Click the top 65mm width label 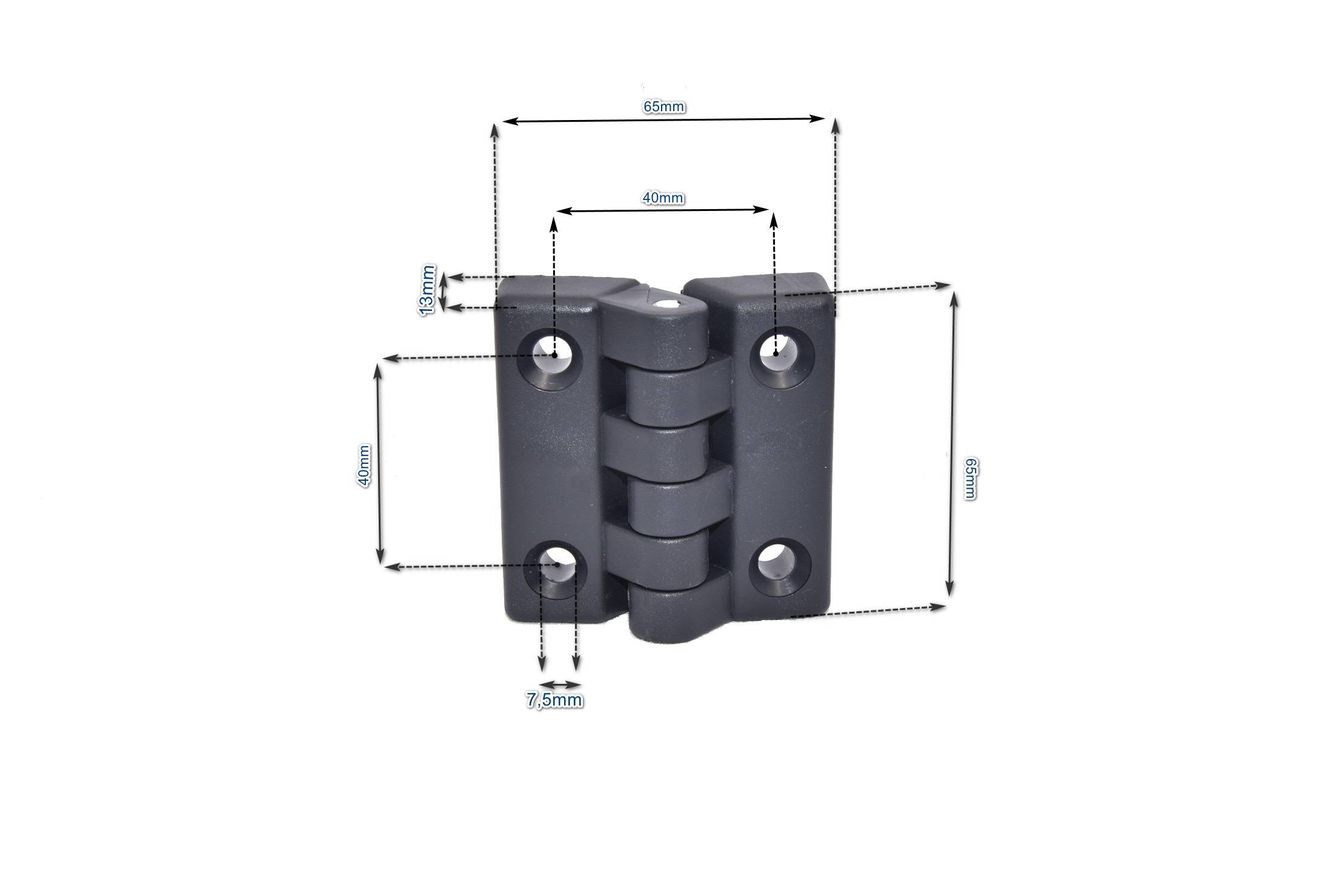tap(664, 107)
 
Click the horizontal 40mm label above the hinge tap(663, 198)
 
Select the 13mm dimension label tap(427, 289)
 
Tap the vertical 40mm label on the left tap(364, 466)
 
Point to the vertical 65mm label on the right tap(969, 478)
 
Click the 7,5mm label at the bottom tap(554, 700)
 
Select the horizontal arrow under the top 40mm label tap(663, 210)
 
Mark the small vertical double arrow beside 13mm tap(444, 292)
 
